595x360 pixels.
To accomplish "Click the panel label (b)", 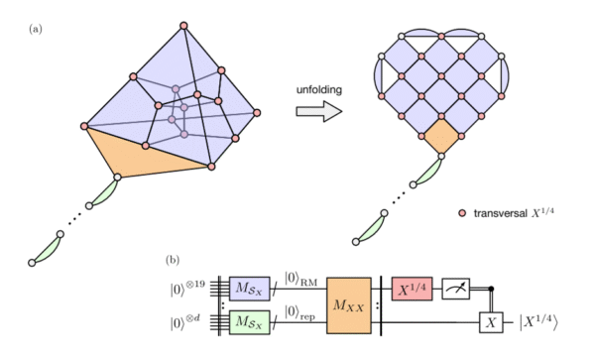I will click(x=174, y=262).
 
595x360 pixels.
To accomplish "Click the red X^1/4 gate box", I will click(x=415, y=288).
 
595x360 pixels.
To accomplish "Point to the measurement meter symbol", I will click(x=456, y=288).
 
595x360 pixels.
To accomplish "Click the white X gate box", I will click(x=488, y=323).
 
